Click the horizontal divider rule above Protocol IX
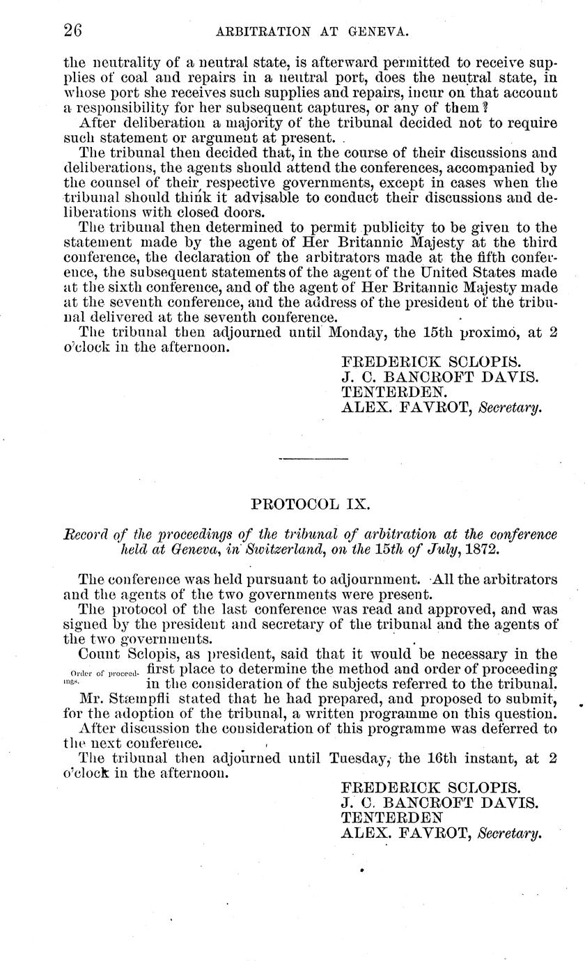313,458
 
